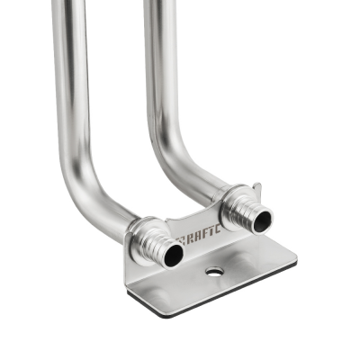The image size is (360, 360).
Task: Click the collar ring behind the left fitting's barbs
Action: [x=141, y=236]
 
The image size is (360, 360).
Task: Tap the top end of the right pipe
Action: [x=159, y=4]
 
